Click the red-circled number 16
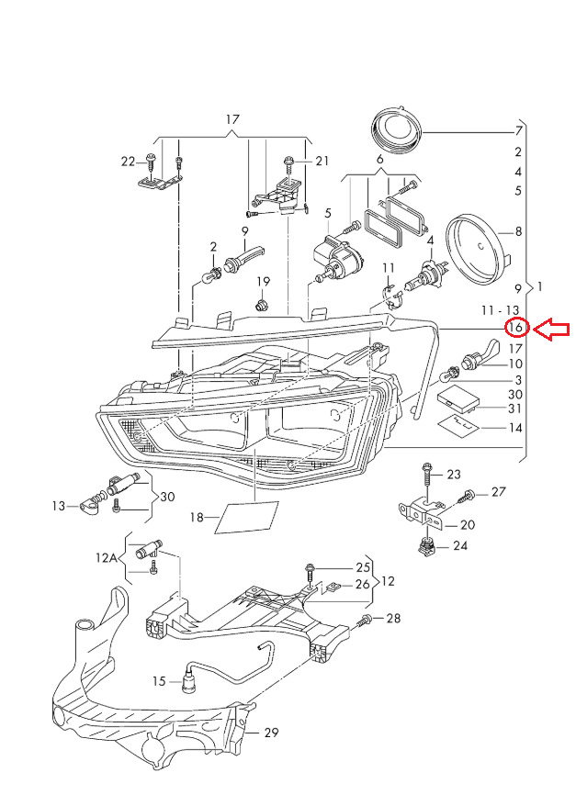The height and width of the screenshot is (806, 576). point(516,328)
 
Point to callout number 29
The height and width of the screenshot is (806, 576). point(271,733)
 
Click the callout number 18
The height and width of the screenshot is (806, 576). point(197,518)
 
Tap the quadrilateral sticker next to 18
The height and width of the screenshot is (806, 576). point(245,518)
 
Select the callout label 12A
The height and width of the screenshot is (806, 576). point(107,556)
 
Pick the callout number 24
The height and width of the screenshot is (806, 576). point(459,547)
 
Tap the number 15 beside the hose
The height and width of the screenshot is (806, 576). point(159,681)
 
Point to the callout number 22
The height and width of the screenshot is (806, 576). point(128,162)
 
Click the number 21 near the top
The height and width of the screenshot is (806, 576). point(322,162)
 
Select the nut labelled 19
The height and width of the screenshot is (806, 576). point(262,302)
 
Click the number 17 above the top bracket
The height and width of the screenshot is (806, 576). point(232,120)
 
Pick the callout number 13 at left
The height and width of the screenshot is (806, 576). point(60,505)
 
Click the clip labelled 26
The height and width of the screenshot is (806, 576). point(333,585)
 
